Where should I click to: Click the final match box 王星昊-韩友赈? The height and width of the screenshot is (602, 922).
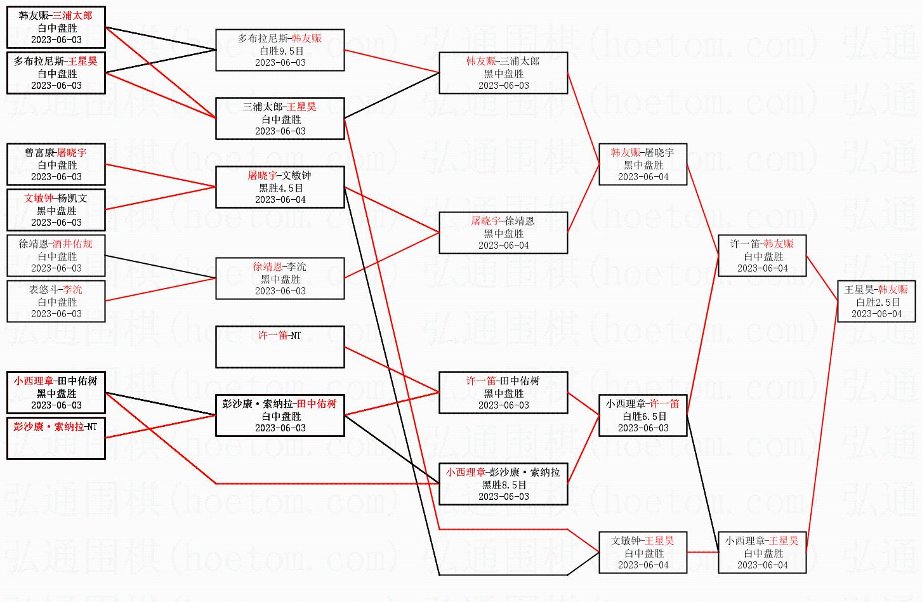click(876, 301)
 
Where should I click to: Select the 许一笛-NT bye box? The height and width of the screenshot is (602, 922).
click(280, 346)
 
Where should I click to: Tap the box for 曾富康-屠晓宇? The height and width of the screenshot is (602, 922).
click(56, 164)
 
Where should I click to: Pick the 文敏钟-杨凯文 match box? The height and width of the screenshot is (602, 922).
click(56, 210)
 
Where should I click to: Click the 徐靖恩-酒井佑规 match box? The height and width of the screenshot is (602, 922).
click(56, 256)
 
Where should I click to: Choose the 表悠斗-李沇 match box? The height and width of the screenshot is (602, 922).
click(56, 301)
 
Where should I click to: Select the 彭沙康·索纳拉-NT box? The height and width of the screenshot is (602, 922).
click(56, 438)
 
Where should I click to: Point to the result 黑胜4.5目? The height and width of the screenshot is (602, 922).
click(280, 188)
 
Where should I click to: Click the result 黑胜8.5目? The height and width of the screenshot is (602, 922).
click(504, 485)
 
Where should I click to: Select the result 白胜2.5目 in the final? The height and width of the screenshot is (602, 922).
click(878, 302)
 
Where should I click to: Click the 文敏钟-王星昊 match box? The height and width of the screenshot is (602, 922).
click(643, 553)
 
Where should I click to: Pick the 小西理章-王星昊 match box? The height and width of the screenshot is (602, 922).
click(762, 553)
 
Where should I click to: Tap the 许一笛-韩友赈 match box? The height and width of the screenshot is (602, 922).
click(762, 256)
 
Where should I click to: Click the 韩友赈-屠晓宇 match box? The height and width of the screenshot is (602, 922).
click(643, 164)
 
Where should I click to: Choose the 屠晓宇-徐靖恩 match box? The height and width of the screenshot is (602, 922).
click(503, 233)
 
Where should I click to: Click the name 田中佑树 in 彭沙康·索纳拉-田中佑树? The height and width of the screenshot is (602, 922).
click(317, 404)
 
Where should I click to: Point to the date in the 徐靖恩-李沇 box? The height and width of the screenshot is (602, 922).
click(280, 291)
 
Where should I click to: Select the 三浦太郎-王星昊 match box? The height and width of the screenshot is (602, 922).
click(280, 119)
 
